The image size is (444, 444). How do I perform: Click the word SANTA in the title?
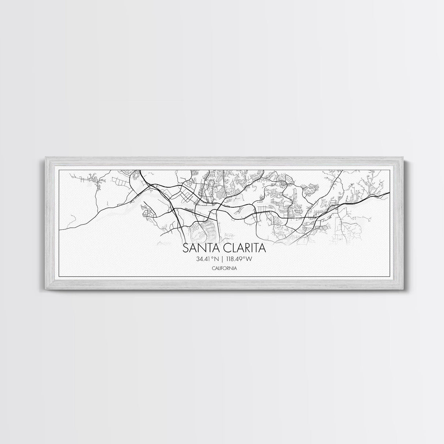[200, 248]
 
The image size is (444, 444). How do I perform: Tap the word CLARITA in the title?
[244, 248]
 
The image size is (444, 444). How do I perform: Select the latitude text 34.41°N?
[207, 259]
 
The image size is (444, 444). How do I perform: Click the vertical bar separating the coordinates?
[222, 259]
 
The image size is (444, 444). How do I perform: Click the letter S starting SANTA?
[185, 248]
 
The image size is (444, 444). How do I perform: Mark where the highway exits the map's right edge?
[390, 192]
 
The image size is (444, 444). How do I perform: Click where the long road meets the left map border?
[60, 229]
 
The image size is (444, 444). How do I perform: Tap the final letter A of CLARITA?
[262, 248]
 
